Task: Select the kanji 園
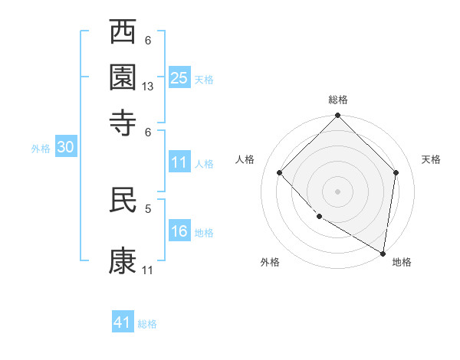click(x=123, y=77)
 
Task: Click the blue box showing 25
click(x=179, y=77)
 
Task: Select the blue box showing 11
click(x=179, y=162)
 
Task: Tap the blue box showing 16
click(x=179, y=231)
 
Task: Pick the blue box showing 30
click(x=65, y=148)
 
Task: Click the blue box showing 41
click(x=123, y=322)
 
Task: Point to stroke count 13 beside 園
click(x=149, y=87)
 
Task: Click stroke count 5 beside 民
click(x=148, y=207)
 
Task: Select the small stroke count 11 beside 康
click(x=148, y=270)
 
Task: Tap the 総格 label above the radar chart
click(x=338, y=100)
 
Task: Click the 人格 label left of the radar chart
click(x=245, y=159)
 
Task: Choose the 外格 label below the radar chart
click(x=270, y=262)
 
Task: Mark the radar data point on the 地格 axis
click(x=383, y=253)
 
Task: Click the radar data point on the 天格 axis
click(x=396, y=172)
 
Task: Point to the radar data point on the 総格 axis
click(x=338, y=116)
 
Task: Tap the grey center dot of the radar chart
click(x=338, y=191)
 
